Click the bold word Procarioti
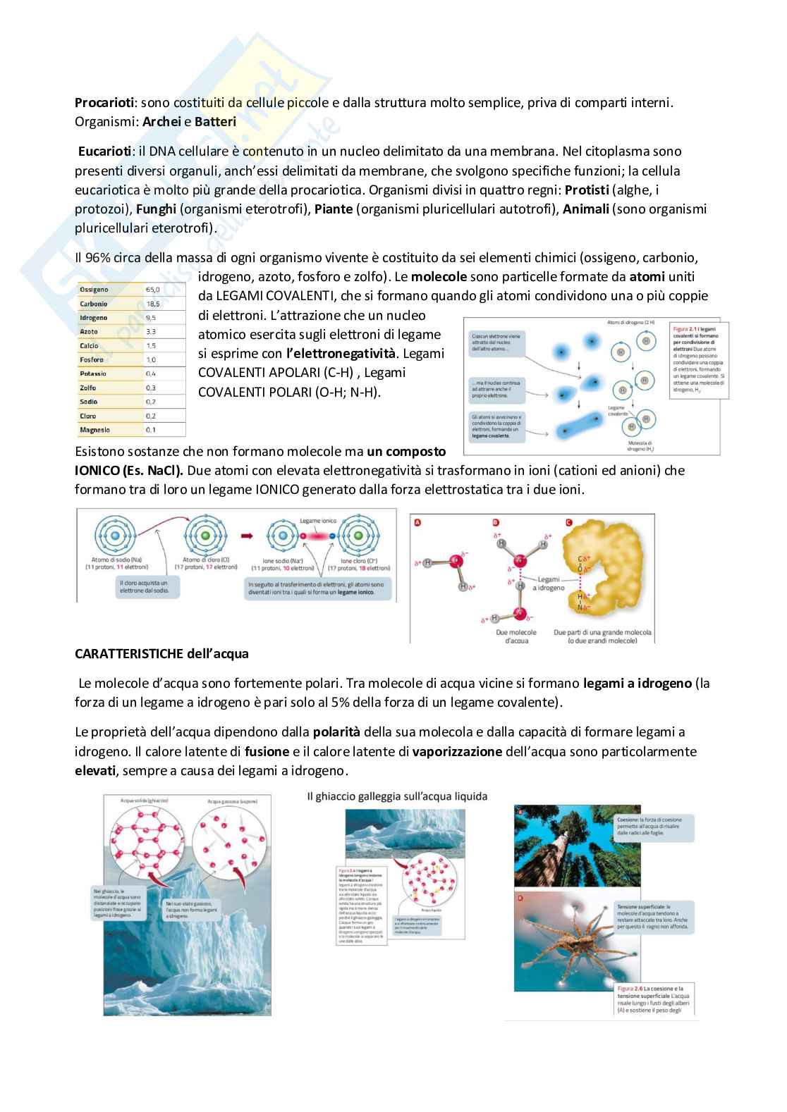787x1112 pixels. pyautogui.click(x=104, y=103)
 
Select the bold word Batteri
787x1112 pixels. pyautogui.click(x=215, y=122)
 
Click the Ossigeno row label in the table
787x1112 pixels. pyautogui.click(x=94, y=290)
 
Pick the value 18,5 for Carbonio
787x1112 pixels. pyautogui.click(x=152, y=304)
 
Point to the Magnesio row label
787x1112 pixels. pyautogui.click(x=95, y=430)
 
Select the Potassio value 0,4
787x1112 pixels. pyautogui.click(x=151, y=373)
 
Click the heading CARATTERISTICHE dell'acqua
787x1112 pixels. pyautogui.click(x=161, y=654)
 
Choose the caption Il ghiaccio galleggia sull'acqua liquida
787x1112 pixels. pyautogui.click(x=397, y=796)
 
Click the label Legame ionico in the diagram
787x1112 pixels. pyautogui.click(x=319, y=521)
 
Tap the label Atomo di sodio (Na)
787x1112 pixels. pyautogui.click(x=116, y=560)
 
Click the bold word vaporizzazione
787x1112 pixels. pyautogui.click(x=457, y=752)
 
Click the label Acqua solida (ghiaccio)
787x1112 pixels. pyautogui.click(x=144, y=801)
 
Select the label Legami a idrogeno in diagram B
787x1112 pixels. pyautogui.click(x=548, y=583)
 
